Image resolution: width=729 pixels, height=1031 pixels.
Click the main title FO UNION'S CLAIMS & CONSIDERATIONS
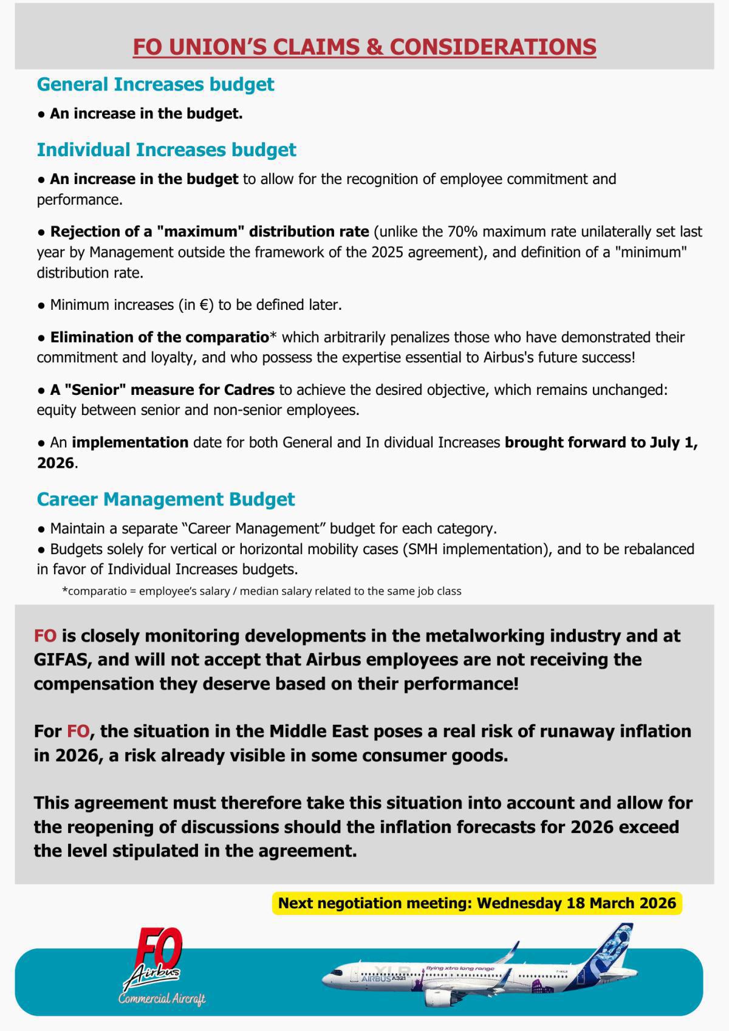coord(364,47)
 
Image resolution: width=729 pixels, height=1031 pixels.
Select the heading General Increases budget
coord(156,84)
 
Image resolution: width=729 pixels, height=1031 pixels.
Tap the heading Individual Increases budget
coord(166,150)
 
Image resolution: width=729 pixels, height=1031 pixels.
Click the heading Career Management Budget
coord(166,499)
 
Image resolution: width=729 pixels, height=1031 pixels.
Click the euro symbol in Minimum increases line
coord(205,306)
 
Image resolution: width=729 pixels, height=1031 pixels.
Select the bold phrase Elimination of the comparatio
coord(159,337)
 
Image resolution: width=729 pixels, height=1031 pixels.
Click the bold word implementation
coord(130,443)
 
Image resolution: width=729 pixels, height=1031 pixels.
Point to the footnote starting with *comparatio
coord(262,591)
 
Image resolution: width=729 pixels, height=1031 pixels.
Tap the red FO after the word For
coord(78,731)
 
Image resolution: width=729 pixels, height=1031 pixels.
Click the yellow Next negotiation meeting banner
coord(477,903)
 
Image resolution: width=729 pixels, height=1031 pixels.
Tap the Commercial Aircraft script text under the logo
coord(162,999)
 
